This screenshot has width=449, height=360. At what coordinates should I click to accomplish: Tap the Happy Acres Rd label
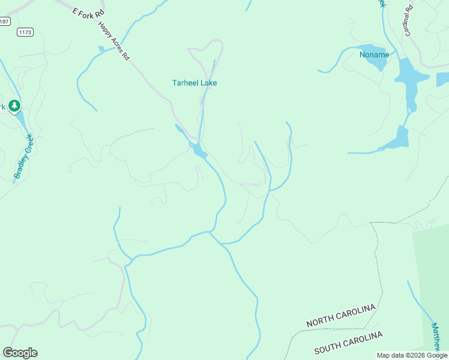point(113,42)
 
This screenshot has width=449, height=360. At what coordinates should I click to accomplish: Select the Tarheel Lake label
point(194,83)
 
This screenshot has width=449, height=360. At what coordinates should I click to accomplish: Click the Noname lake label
point(374,55)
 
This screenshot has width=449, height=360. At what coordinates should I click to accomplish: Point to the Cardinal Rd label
point(410,21)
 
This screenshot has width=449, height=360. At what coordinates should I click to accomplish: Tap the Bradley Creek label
point(24,157)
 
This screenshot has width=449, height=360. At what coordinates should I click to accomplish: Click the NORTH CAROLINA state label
point(341,316)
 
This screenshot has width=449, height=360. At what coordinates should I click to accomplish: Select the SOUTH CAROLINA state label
point(348,342)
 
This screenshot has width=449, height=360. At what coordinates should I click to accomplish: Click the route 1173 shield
point(25,32)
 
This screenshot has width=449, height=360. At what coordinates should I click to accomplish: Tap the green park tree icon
point(14,106)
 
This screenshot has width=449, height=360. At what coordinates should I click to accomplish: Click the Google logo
point(20,353)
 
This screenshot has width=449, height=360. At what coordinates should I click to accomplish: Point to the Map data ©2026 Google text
point(412,355)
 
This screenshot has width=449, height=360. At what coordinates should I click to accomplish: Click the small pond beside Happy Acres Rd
point(101,49)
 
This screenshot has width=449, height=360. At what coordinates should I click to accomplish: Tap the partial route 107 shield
point(4,21)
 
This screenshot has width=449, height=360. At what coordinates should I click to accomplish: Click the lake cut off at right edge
point(443,79)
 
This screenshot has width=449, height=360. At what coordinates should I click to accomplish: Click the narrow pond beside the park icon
point(21,121)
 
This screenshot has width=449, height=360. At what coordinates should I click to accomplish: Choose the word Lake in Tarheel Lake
point(208,83)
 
